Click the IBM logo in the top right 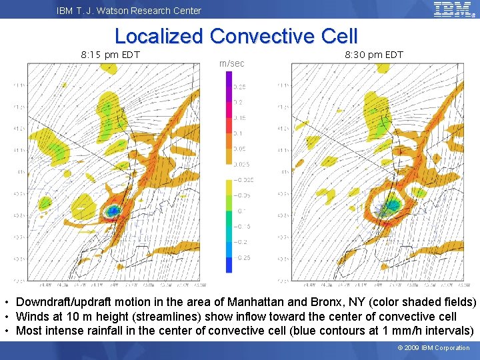(x=453, y=9)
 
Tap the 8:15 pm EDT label (x=110, y=55)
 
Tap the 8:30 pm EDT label (x=373, y=55)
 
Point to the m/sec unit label (x=231, y=63)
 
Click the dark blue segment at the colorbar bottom (x=229, y=265)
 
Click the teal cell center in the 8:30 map (x=392, y=205)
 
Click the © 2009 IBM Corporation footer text (x=433, y=348)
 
